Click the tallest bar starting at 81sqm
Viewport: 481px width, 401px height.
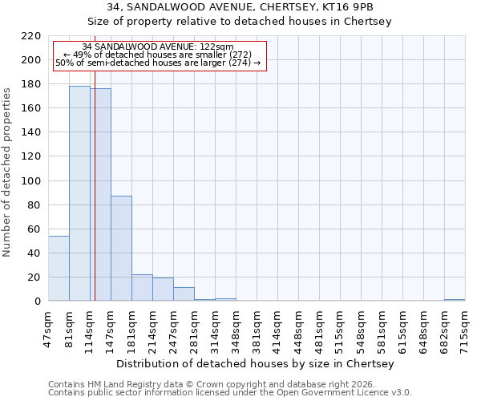click(79, 193)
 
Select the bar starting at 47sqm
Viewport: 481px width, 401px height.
click(59, 269)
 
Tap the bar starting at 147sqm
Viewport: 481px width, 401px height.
click(121, 249)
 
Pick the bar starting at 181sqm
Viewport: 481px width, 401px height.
click(142, 288)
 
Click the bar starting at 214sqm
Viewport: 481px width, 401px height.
click(163, 290)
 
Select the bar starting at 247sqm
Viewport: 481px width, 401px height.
click(184, 294)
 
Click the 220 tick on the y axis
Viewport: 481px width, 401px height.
click(32, 36)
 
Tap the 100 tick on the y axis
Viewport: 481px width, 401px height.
click(32, 181)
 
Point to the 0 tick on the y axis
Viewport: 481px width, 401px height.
click(38, 302)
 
